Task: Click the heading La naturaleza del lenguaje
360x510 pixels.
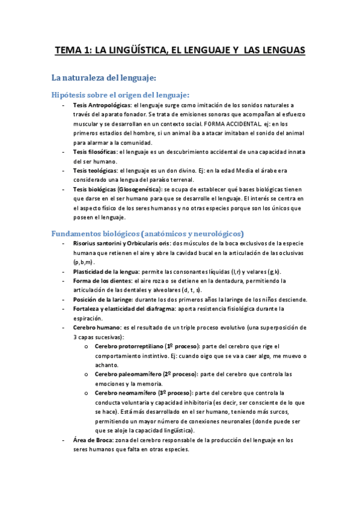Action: click(x=104, y=78)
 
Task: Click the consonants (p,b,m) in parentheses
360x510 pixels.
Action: click(x=84, y=262)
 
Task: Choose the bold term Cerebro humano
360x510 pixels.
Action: click(x=96, y=328)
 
